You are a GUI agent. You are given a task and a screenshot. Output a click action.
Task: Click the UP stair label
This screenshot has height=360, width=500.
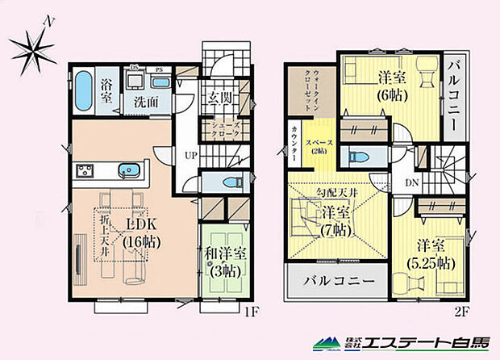tap(190, 154)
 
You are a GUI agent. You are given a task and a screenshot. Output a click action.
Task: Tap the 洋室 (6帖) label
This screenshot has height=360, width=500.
tap(391, 85)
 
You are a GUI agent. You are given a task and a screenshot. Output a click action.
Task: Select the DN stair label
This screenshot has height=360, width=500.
tap(411, 182)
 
